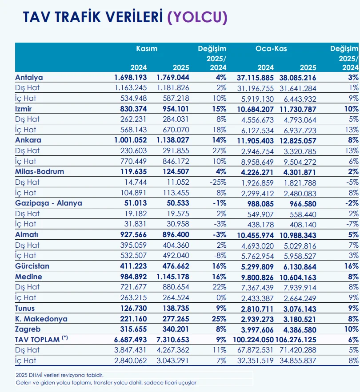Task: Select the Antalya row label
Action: [x=29, y=77]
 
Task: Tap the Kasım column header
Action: [x=147, y=49]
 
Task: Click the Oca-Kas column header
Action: [x=271, y=49]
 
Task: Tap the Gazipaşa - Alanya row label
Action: [x=48, y=203]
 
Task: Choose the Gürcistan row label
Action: [x=32, y=266]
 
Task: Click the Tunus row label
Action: [x=25, y=308]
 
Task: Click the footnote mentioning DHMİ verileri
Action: [x=60, y=375]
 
